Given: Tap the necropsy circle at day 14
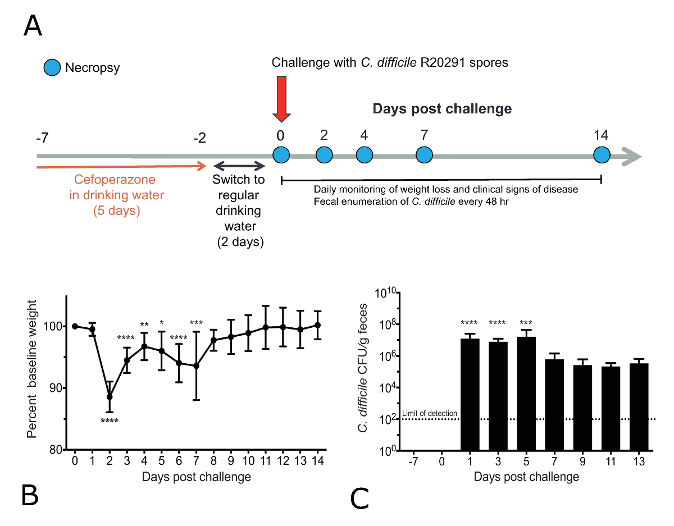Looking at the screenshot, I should click(x=602, y=155).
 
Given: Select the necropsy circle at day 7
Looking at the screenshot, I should click(x=424, y=155).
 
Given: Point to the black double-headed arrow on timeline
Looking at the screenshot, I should click(x=239, y=166).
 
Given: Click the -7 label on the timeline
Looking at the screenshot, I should click(x=43, y=138).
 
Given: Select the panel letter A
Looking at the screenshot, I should click(x=33, y=26).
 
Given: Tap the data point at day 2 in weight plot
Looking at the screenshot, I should click(x=110, y=397).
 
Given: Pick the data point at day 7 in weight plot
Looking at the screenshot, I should click(x=197, y=366).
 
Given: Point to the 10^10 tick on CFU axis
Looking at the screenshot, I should click(x=385, y=293).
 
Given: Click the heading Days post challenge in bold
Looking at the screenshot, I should click(x=443, y=108).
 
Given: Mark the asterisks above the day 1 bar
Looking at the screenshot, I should click(x=469, y=323).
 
